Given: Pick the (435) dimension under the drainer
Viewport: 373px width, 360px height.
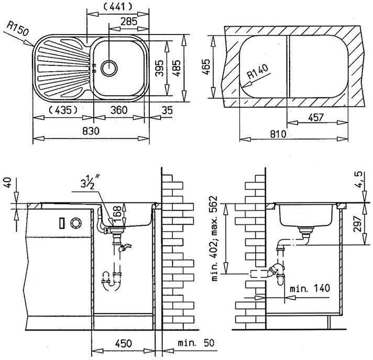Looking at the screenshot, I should pyautogui.click(x=62, y=110).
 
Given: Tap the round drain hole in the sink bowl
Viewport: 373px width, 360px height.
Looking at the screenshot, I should pyautogui.click(x=109, y=67).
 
